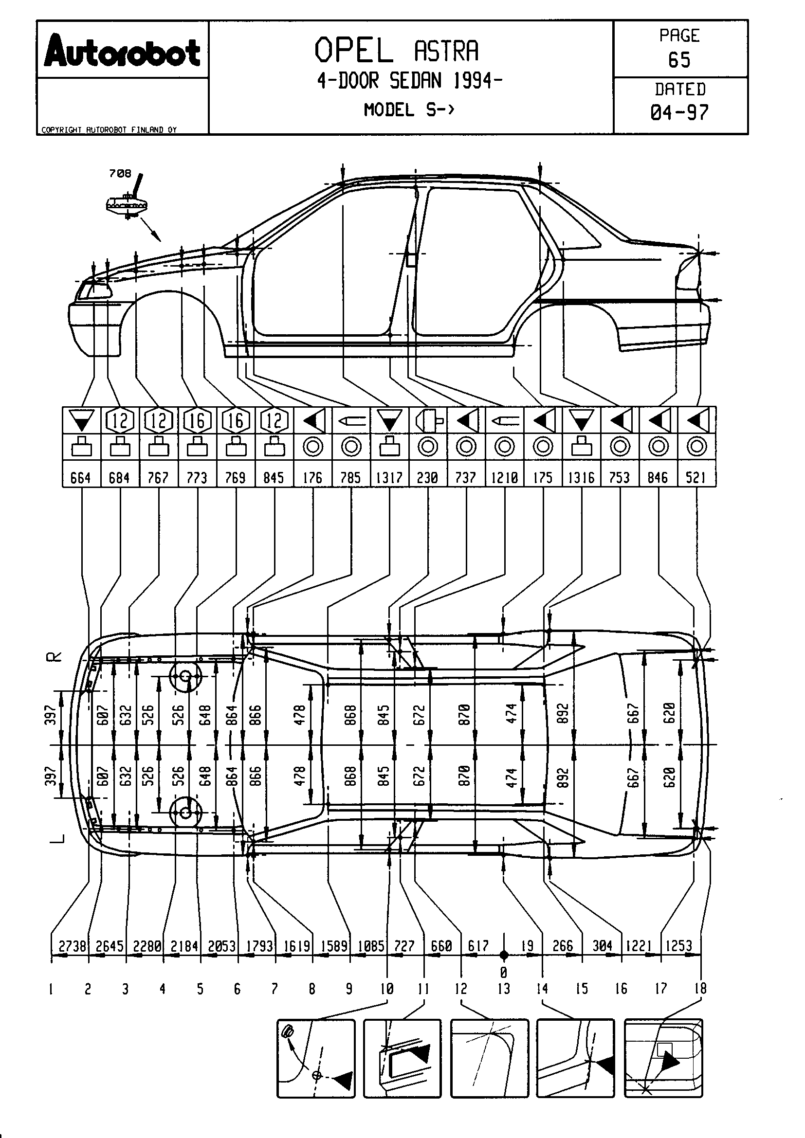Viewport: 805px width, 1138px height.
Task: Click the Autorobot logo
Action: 122,51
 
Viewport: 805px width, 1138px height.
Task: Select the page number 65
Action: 679,60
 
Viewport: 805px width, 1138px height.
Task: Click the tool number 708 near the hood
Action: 120,174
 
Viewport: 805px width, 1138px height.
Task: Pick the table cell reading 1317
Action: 389,477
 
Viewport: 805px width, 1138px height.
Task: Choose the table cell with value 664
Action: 81,477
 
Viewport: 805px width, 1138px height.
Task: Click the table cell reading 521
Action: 696,477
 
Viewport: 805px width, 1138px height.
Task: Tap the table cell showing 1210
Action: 504,477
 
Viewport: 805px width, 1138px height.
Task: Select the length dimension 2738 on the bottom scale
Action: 73,946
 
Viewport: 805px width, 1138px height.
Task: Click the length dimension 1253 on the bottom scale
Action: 678,946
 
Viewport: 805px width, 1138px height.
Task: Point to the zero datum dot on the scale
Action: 504,955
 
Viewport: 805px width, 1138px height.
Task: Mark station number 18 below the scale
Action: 700,988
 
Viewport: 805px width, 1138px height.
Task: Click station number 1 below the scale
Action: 51,989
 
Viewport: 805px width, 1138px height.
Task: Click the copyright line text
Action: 109,130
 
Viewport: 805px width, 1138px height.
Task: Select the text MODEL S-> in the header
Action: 409,109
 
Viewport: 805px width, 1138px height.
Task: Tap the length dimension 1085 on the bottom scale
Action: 371,946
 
